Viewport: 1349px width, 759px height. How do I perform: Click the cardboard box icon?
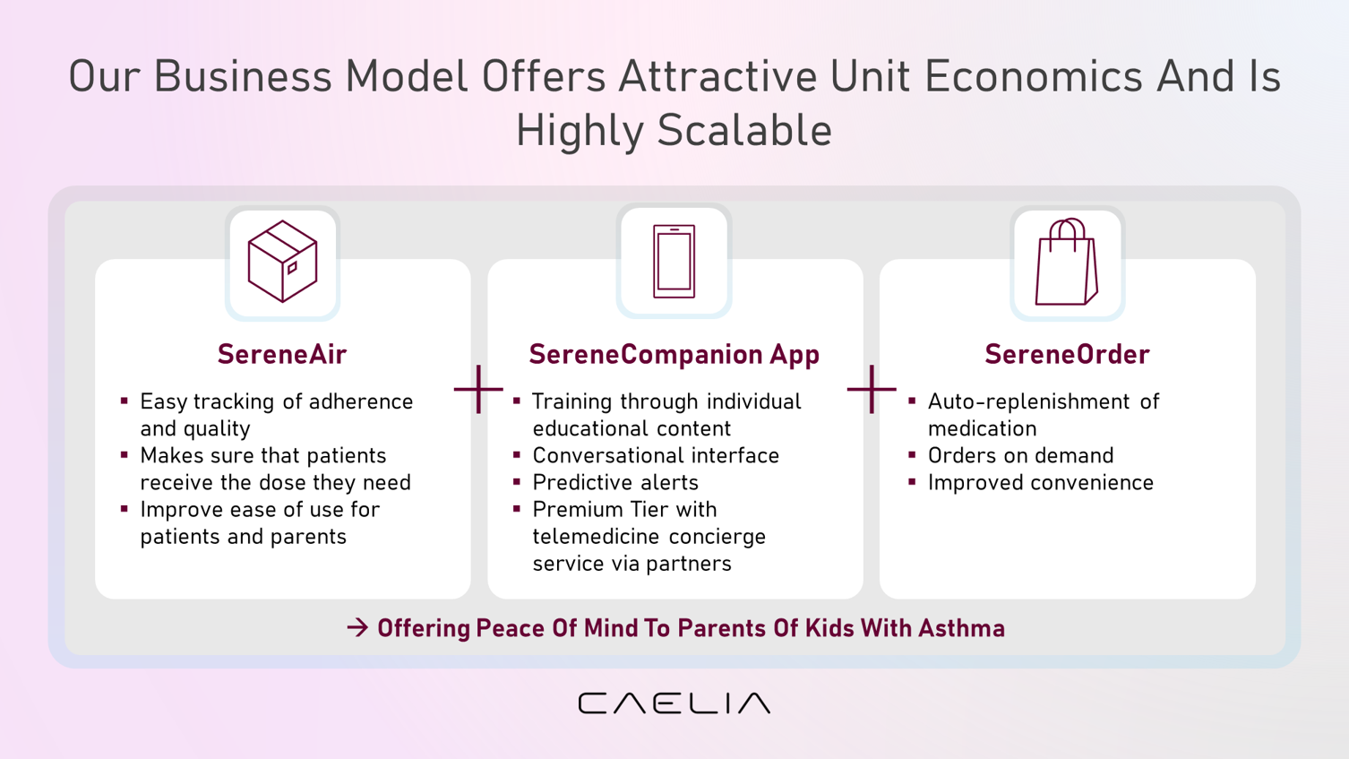click(282, 261)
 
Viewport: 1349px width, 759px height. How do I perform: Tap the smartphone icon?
click(674, 262)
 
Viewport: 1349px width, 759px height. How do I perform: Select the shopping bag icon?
click(1067, 262)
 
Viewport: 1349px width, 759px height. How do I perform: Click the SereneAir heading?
click(282, 354)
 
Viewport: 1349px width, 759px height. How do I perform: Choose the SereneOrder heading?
click(1067, 354)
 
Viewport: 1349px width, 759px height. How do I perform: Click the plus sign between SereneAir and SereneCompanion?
click(478, 389)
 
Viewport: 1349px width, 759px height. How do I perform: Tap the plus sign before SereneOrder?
click(872, 389)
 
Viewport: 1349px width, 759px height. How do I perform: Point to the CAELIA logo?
click(674, 703)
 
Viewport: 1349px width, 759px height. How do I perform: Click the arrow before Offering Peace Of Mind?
click(357, 628)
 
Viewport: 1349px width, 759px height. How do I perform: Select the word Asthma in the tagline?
click(962, 628)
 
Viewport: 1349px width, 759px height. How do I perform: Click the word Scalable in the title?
click(744, 130)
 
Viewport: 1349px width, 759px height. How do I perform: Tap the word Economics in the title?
click(1034, 76)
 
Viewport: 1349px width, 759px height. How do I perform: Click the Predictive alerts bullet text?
click(614, 482)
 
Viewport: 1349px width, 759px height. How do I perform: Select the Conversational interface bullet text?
click(655, 455)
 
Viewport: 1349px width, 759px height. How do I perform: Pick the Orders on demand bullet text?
click(1020, 455)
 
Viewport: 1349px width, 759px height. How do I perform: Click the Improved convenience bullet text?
click(1040, 482)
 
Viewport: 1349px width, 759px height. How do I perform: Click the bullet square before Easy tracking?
click(124, 401)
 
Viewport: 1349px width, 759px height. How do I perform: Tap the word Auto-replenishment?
click(1028, 401)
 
